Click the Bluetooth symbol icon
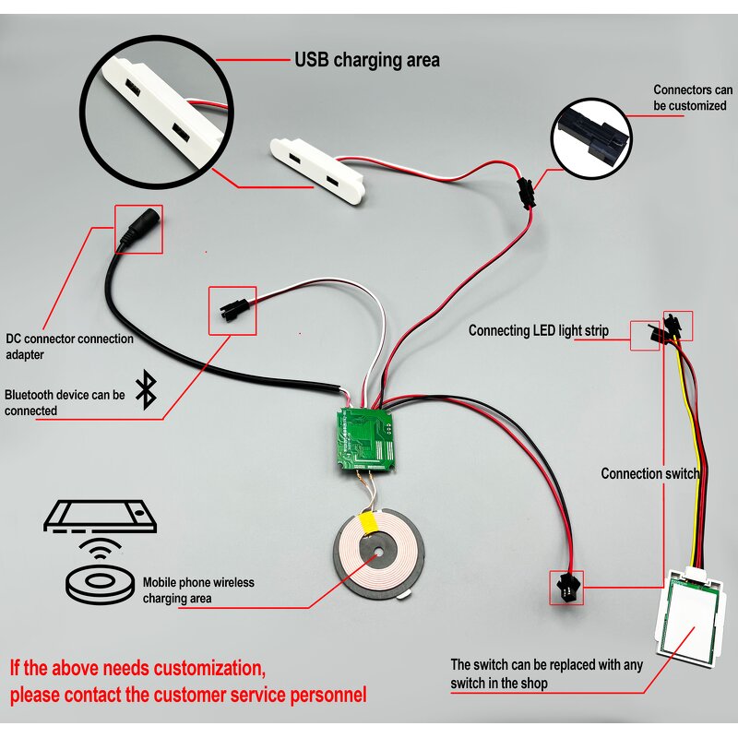145,390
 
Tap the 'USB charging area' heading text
366,61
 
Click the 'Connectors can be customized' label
693,98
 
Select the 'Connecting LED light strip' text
538,330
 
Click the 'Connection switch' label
649,473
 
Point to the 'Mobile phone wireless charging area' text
197,590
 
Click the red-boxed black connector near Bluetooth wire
232,311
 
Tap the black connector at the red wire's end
562,586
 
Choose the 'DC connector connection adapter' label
69,346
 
